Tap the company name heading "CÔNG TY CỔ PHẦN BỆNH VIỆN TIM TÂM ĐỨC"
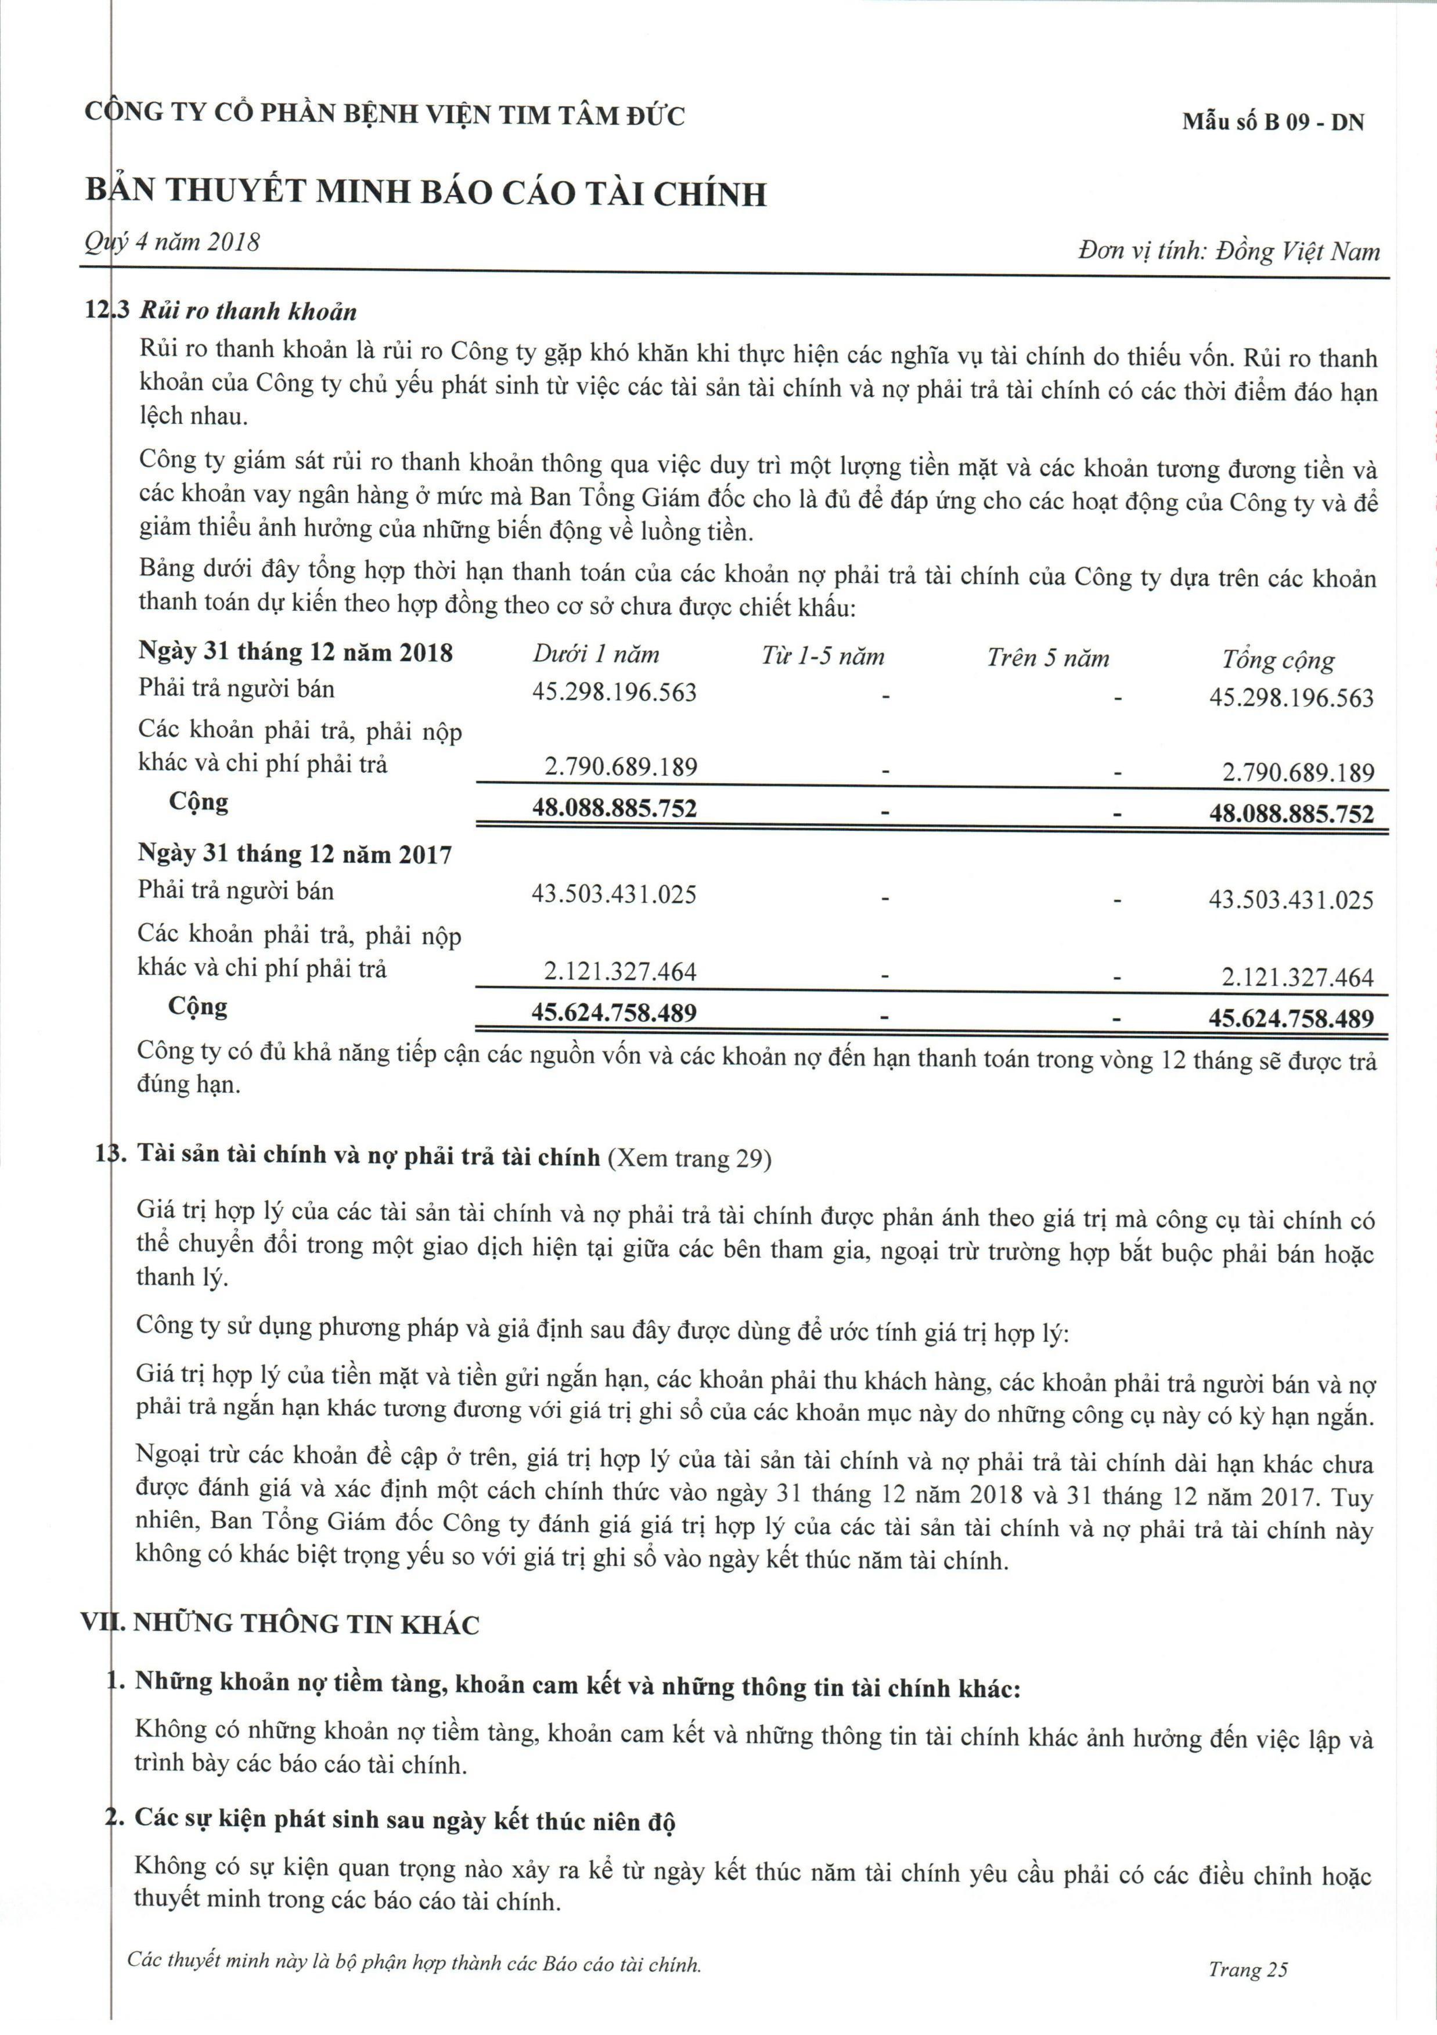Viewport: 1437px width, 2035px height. [385, 114]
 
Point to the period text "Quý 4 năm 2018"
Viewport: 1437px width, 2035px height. [172, 242]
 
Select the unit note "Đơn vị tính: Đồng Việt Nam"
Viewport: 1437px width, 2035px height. [1229, 252]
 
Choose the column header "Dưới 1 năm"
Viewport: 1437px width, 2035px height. [596, 655]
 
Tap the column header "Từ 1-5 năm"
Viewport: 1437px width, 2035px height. [822, 657]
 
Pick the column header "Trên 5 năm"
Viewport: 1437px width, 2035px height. [1048, 658]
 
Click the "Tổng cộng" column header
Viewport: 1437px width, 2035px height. [1277, 660]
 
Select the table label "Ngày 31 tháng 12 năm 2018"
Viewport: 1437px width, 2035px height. [295, 653]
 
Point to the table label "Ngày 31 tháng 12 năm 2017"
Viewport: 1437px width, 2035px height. [294, 855]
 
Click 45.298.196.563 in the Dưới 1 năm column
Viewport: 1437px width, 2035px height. [614, 691]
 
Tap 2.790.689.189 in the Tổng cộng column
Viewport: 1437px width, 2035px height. [1298, 773]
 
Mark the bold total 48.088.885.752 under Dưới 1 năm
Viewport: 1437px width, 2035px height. [614, 808]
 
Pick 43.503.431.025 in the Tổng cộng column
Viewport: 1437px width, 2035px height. [1291, 901]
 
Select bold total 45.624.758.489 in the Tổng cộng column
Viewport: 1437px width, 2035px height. [1291, 1018]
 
